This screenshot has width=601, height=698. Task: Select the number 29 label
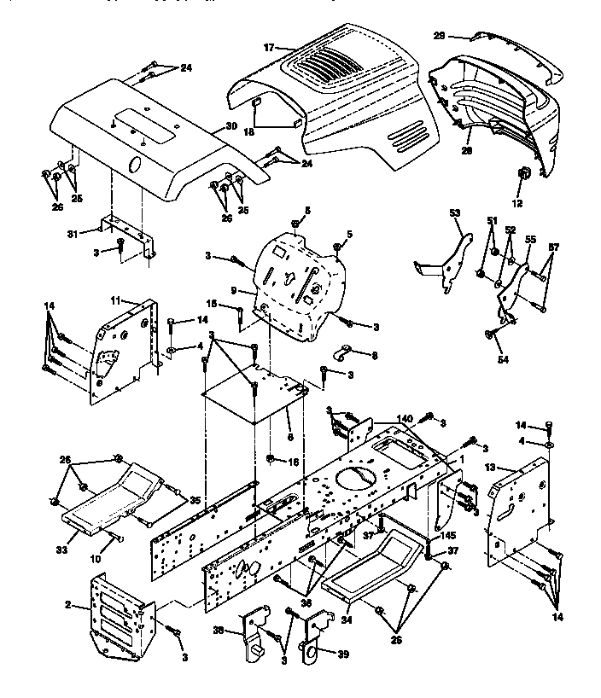(441, 36)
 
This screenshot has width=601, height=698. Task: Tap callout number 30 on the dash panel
(230, 127)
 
